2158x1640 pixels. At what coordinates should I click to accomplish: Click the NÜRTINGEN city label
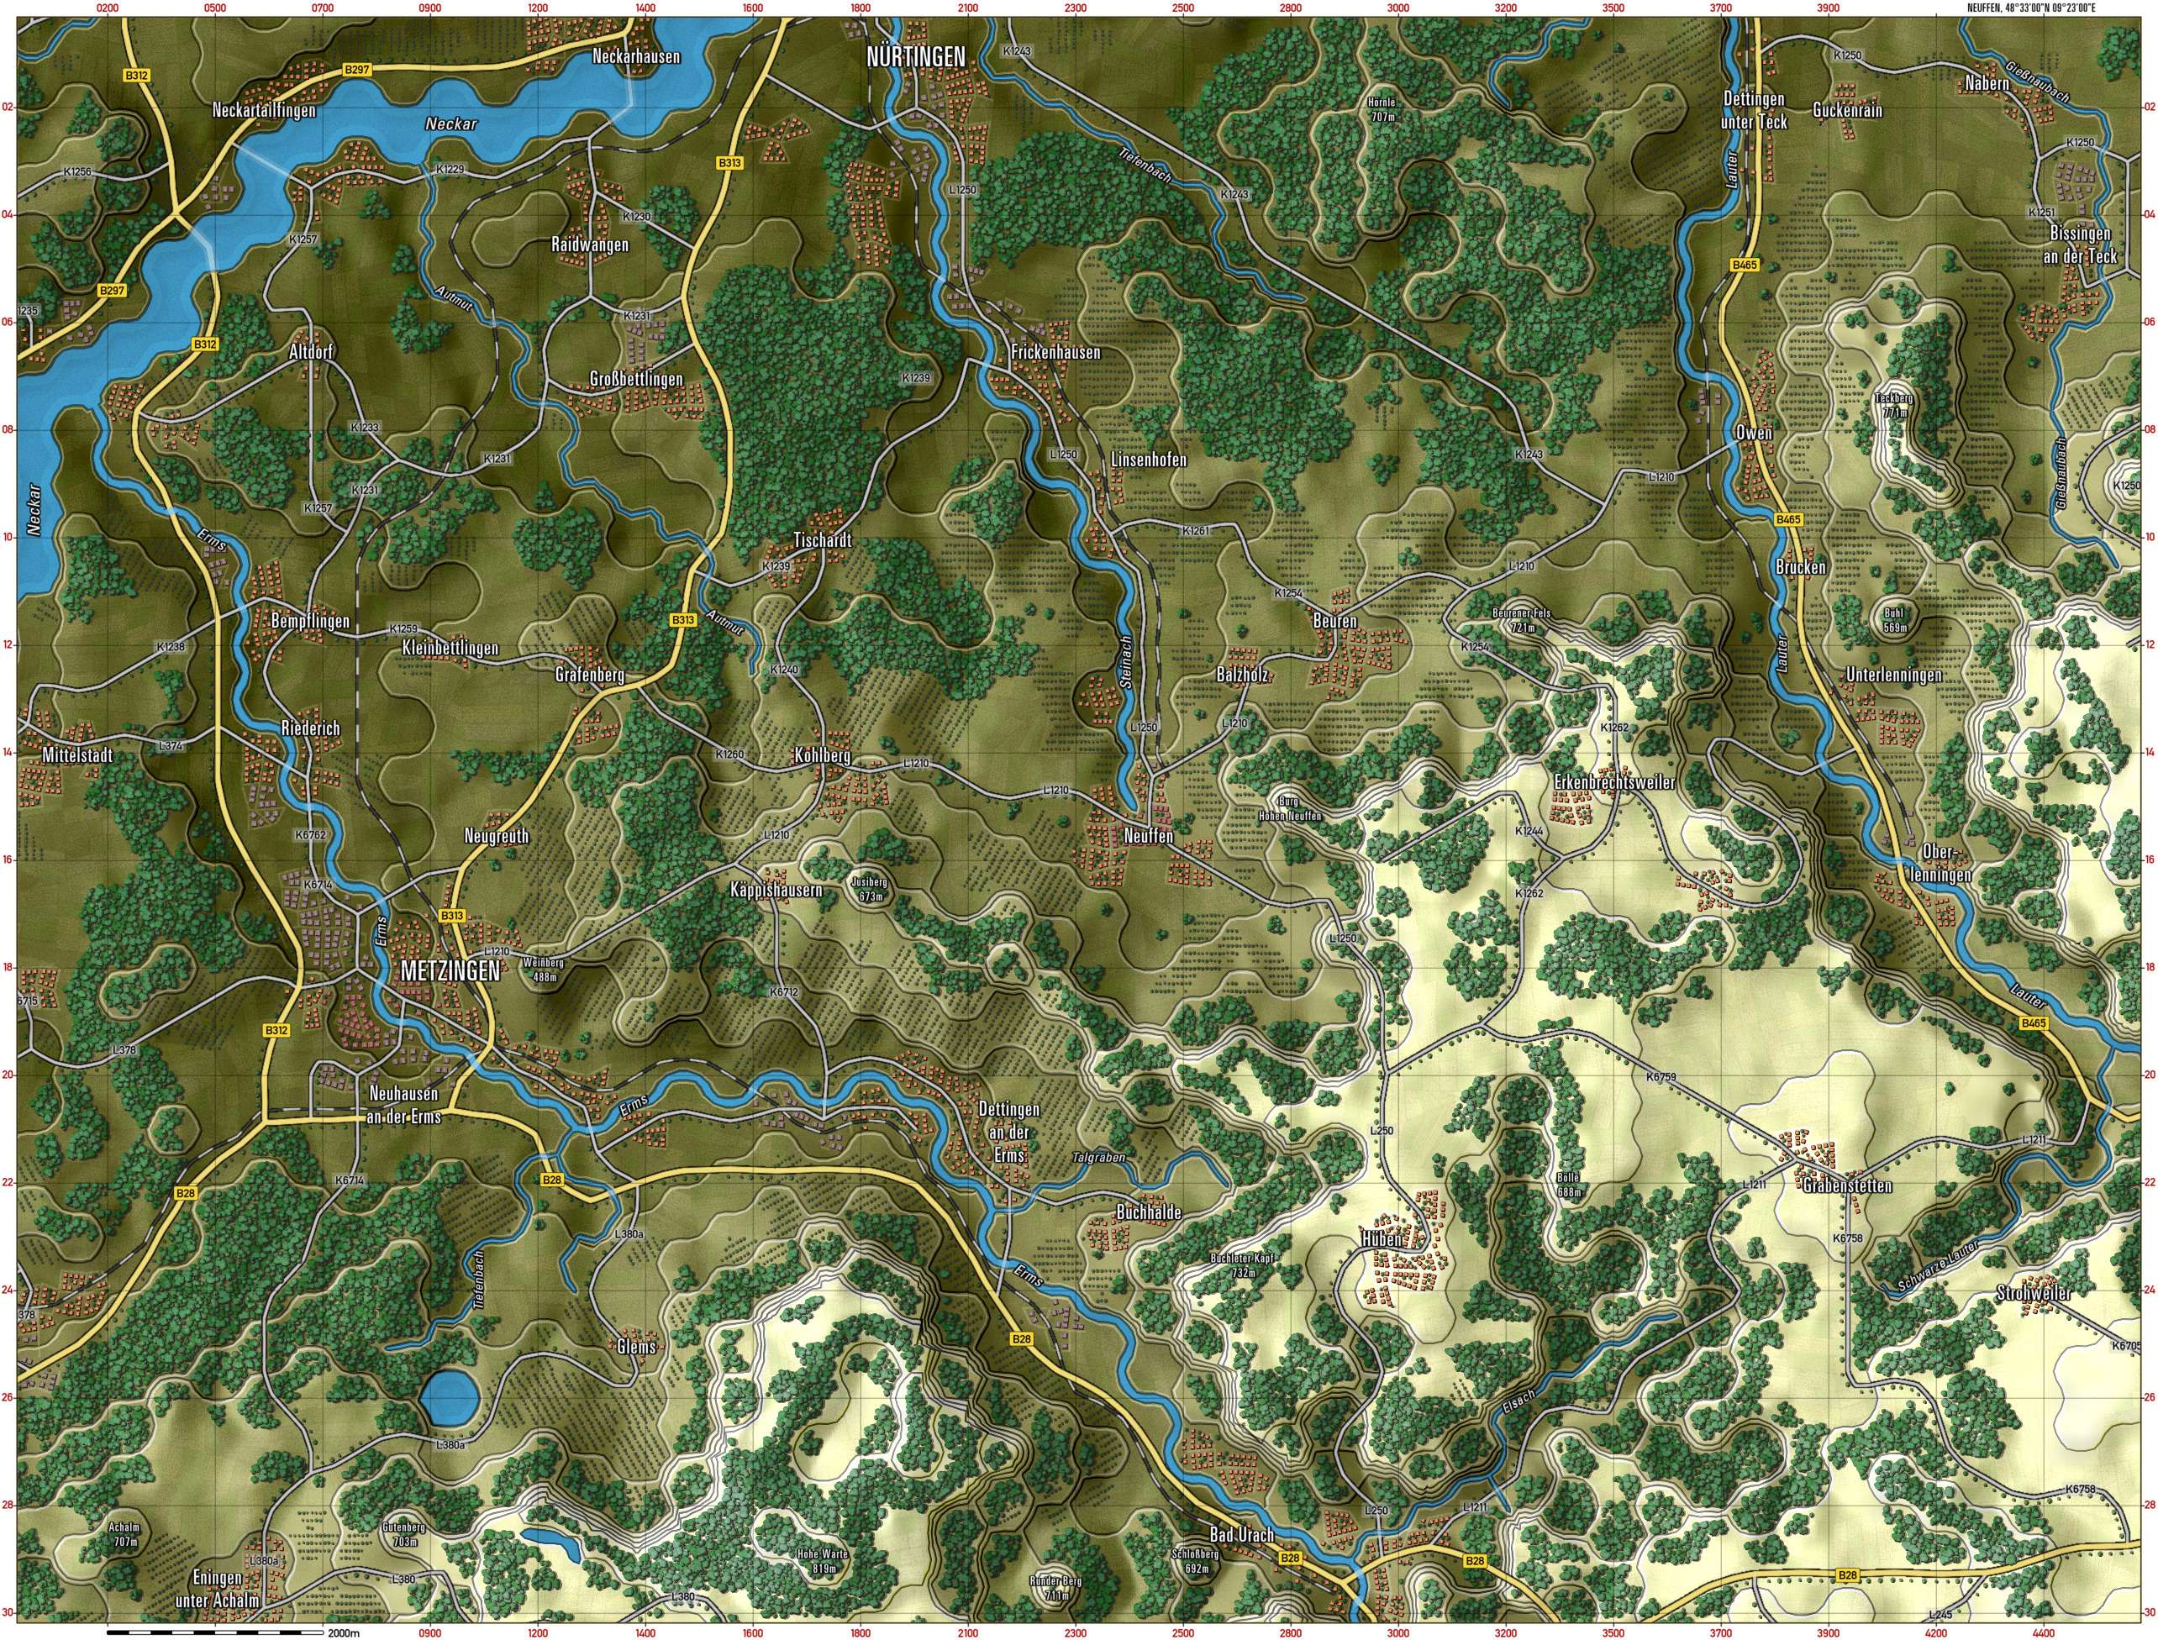pos(916,58)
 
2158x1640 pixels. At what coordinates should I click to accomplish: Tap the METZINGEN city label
pos(450,970)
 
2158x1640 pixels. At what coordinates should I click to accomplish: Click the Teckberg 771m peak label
pos(1894,405)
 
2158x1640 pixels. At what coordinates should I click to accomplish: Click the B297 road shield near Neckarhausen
pos(357,71)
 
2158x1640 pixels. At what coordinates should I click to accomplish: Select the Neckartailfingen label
pos(264,111)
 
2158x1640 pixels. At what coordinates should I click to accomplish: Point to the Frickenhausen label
pos(1055,352)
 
